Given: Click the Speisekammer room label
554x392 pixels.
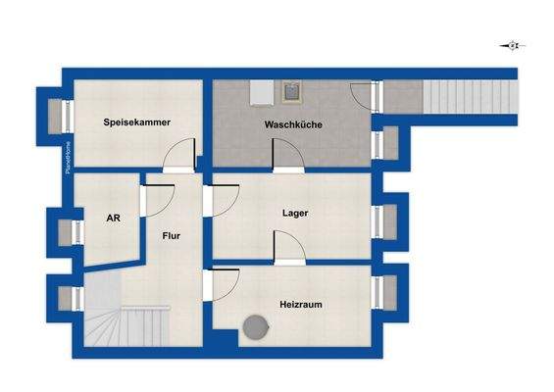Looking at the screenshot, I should tap(138, 122).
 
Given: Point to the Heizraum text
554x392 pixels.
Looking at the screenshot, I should tap(300, 305).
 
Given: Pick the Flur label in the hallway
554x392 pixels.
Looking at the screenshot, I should tap(173, 236).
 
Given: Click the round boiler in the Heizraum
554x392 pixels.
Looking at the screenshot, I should tap(256, 327).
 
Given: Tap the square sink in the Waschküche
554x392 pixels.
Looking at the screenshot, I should tap(291, 93).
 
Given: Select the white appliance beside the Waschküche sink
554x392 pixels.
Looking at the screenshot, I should tap(261, 91).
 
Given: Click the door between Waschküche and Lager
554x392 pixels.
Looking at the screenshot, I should tap(287, 156).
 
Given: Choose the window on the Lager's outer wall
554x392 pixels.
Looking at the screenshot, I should tap(378, 221).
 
